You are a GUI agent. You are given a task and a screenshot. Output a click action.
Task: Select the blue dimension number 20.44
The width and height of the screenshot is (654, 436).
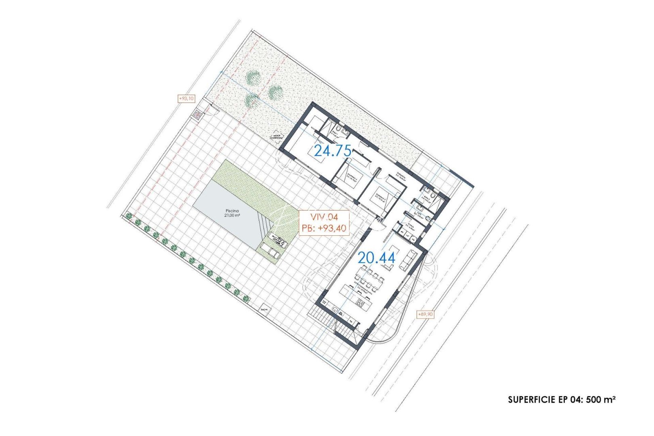(x=376, y=258)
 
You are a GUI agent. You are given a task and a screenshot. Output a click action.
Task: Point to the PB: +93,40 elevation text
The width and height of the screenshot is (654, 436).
(x=324, y=228)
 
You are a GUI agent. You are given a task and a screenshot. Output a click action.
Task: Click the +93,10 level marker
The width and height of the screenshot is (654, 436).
(x=186, y=98)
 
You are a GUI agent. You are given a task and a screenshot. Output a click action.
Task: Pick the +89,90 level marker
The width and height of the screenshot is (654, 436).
(x=425, y=314)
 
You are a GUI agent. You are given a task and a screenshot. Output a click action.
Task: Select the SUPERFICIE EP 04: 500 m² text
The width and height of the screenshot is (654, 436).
(x=561, y=400)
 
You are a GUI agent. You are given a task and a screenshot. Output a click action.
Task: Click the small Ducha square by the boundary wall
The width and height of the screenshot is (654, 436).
(x=265, y=309)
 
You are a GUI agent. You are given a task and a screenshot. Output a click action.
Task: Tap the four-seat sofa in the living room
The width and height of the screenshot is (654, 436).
(x=409, y=260)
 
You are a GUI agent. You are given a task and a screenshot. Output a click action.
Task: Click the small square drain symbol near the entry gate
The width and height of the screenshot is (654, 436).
(x=197, y=115)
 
